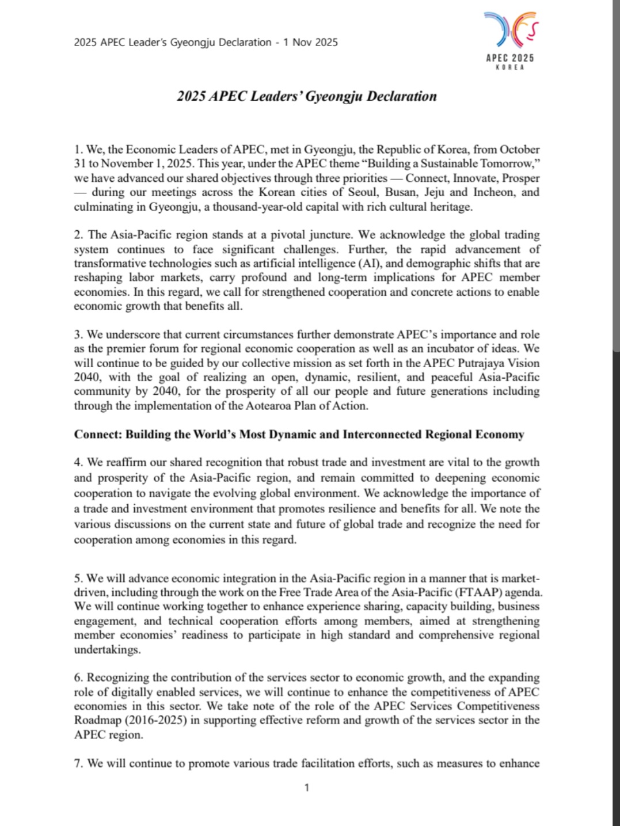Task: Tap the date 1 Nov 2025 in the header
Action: click(310, 42)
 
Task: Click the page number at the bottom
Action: click(307, 787)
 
